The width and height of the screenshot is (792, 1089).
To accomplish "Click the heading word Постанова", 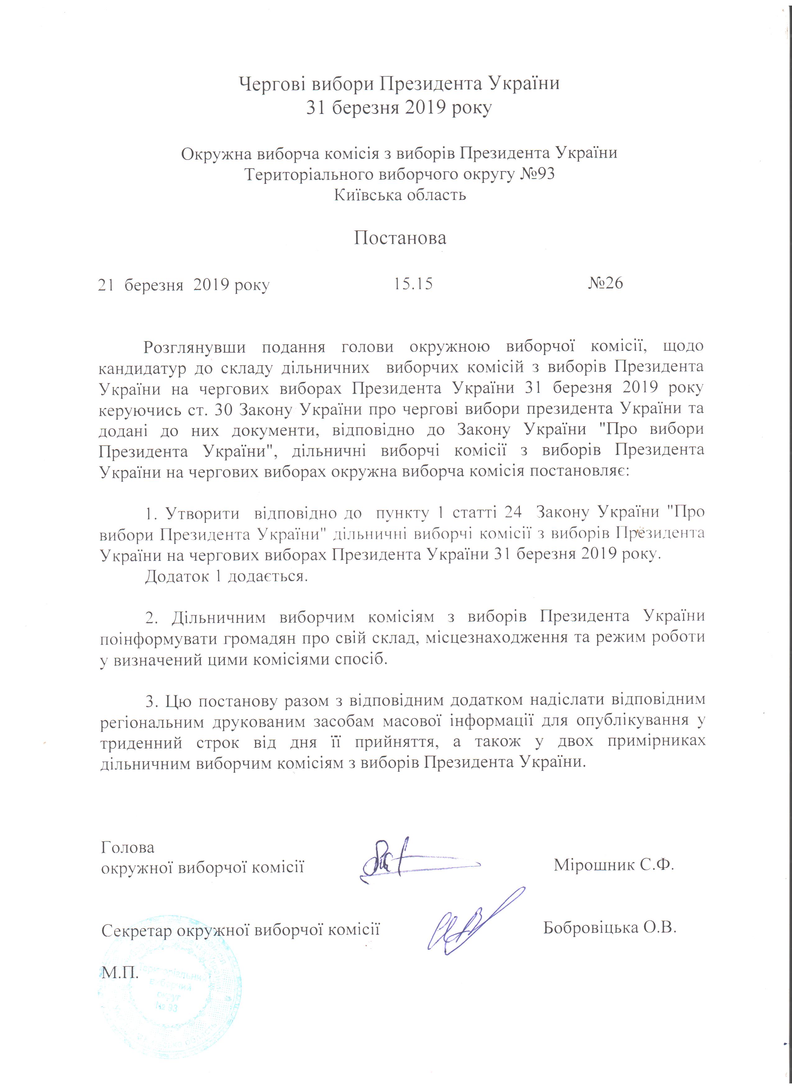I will pos(400,238).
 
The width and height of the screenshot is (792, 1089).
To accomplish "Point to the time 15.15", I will pos(413,284).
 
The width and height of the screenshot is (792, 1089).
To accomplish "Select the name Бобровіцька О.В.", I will pos(609,927).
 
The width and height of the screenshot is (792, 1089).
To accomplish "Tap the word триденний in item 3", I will pos(141,742).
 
